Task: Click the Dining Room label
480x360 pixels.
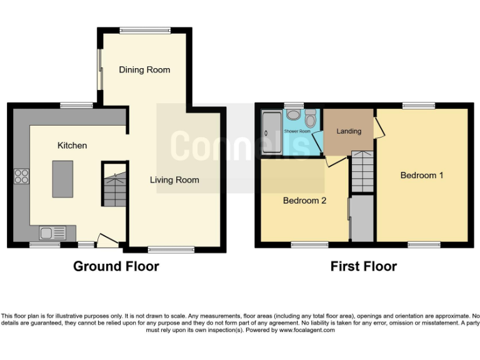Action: click(144, 70)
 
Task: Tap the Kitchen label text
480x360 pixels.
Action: click(72, 146)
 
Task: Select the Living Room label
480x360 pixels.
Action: click(174, 180)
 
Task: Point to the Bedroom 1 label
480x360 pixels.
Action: click(422, 175)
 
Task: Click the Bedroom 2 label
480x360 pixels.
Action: click(304, 201)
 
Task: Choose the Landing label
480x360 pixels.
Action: click(349, 131)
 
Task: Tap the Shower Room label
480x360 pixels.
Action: click(297, 132)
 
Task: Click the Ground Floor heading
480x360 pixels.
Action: click(116, 266)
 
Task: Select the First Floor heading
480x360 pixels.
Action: click(364, 266)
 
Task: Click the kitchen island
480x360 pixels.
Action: click(62, 178)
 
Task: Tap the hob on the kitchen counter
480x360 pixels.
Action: click(21, 177)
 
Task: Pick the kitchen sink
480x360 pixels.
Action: click(52, 233)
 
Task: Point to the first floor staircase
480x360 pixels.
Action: click(362, 172)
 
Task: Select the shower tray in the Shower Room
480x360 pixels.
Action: click(272, 133)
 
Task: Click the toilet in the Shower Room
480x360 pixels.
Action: click(311, 119)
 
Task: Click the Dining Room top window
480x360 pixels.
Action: click(145, 30)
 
